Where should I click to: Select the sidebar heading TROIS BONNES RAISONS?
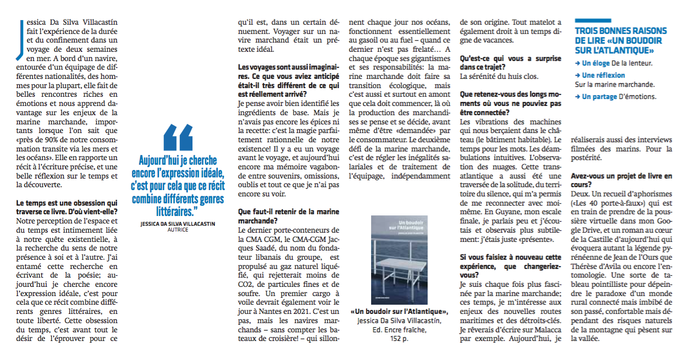click(x=621, y=31)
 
